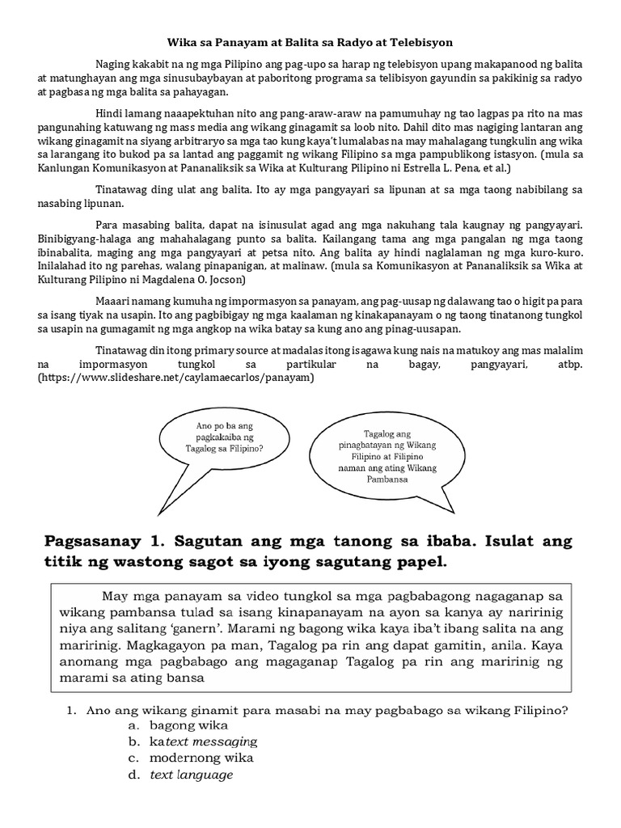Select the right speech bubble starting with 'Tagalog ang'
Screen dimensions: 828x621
[x=388, y=456]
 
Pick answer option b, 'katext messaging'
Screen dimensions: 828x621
[x=203, y=741]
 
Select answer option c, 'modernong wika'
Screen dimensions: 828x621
[x=201, y=758]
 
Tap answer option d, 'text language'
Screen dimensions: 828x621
[x=192, y=775]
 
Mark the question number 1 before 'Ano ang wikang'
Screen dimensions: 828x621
[x=71, y=711]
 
